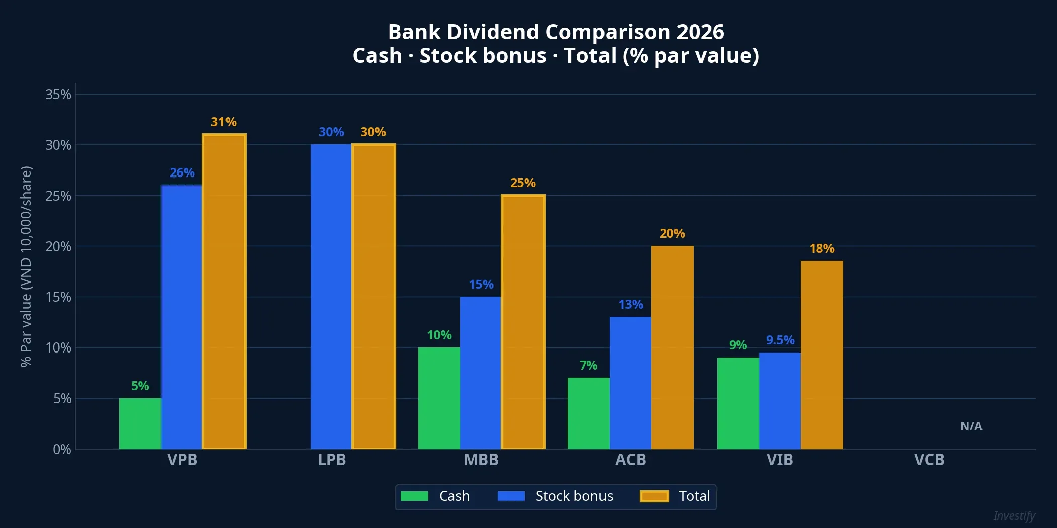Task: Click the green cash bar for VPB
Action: click(x=140, y=423)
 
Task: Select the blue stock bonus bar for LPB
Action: click(x=331, y=297)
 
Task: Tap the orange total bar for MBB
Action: click(x=523, y=322)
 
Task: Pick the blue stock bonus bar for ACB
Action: click(x=630, y=383)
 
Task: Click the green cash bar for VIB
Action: click(x=738, y=403)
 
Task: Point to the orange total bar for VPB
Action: click(x=224, y=291)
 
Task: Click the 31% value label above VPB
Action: click(x=223, y=122)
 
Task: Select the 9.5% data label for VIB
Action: click(x=780, y=340)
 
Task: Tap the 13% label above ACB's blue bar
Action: click(x=631, y=305)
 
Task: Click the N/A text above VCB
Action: click(x=971, y=426)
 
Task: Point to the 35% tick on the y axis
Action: click(x=58, y=95)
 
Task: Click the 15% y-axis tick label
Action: click(x=58, y=297)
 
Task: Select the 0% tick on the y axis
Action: click(x=62, y=449)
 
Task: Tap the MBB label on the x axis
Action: click(x=481, y=460)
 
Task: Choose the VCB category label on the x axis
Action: click(x=929, y=460)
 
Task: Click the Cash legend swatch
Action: click(x=414, y=496)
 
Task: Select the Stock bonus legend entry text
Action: click(x=574, y=496)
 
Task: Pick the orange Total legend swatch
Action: click(x=654, y=496)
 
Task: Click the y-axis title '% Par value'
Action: click(x=26, y=267)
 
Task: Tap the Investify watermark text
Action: click(x=1014, y=516)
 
